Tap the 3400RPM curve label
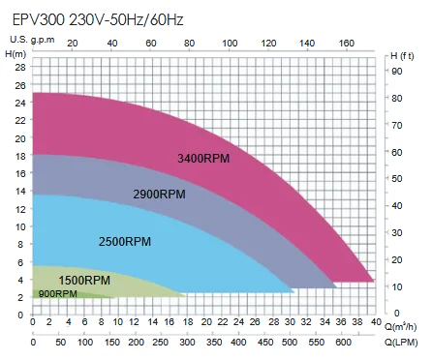pos(202,159)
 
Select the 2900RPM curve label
pos(159,194)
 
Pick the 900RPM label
pos(57,293)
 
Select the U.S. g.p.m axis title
pos(30,38)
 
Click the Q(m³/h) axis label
pos(402,326)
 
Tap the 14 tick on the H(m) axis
pos(20,191)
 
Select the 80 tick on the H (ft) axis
pos(394,98)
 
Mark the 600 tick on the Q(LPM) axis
pos(342,342)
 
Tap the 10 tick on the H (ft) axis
pos(394,287)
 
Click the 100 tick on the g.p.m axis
pos(229,44)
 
